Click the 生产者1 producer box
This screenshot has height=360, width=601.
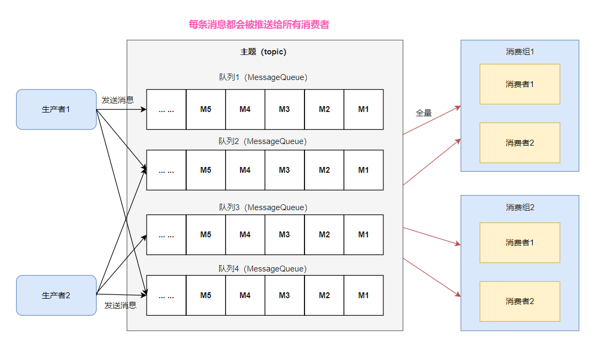pyautogui.click(x=56, y=109)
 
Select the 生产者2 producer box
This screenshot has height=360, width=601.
pyautogui.click(x=56, y=295)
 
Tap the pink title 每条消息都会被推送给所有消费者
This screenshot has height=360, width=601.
pyautogui.click(x=259, y=25)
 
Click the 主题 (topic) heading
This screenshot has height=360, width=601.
pyautogui.click(x=263, y=52)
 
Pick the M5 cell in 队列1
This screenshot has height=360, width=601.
pyautogui.click(x=206, y=109)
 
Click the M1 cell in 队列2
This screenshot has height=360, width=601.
pyautogui.click(x=363, y=170)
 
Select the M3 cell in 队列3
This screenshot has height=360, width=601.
pyautogui.click(x=284, y=235)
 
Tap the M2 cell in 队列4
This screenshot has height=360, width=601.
pyautogui.click(x=324, y=295)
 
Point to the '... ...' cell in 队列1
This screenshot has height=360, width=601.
pyautogui.click(x=166, y=109)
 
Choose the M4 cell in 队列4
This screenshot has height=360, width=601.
pyautogui.click(x=245, y=295)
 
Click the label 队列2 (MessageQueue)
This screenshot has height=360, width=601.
pyautogui.click(x=263, y=141)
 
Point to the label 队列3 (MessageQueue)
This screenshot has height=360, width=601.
pyautogui.click(x=263, y=207)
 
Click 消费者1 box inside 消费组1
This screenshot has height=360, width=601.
pyautogui.click(x=519, y=84)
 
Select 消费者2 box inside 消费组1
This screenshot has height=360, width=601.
pyautogui.click(x=519, y=143)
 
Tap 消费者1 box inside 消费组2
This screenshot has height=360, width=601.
pyautogui.click(x=519, y=243)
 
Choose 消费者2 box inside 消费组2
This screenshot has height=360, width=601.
pyautogui.click(x=519, y=301)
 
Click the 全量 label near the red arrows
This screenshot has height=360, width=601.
pyautogui.click(x=423, y=113)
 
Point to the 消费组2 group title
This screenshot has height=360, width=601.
pyautogui.click(x=519, y=207)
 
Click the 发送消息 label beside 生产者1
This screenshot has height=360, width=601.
pyautogui.click(x=117, y=100)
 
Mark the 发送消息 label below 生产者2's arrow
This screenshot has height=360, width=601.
pyautogui.click(x=120, y=305)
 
